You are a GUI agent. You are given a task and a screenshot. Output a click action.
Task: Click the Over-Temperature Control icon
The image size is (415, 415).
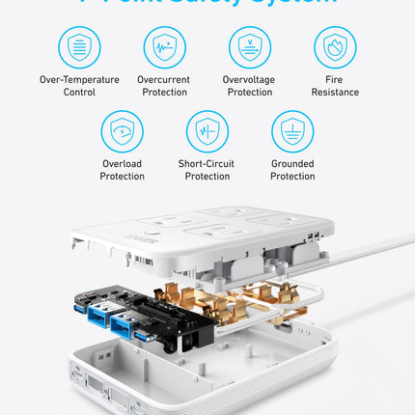pos(80,46)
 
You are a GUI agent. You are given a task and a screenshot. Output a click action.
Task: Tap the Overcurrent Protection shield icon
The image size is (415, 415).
pos(165,46)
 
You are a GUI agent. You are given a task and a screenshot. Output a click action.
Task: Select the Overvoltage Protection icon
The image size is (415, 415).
pos(250,46)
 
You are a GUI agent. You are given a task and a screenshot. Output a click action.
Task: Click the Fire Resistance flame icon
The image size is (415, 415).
pos(335,46)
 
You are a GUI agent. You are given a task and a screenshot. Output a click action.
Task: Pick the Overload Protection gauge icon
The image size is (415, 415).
pos(123,131)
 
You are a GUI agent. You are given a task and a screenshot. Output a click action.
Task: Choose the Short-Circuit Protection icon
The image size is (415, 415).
pos(207,131)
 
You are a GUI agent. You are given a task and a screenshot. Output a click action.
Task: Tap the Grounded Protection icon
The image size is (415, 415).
pos(292,131)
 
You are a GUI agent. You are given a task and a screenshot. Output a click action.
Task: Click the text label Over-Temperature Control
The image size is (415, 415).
pos(80,86)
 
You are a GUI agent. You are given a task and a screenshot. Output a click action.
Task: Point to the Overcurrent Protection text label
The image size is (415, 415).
pos(165,86)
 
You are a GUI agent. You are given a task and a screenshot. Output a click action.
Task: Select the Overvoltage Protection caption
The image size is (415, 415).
pos(250,86)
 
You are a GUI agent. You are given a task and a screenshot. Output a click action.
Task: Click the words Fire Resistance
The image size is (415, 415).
pos(335,86)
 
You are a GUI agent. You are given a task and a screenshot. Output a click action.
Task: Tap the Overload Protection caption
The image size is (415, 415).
pos(123,170)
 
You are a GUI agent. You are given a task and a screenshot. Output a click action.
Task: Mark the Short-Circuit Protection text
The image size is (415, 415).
pos(207,170)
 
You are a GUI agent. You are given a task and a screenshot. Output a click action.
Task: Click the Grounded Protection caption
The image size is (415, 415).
pos(292,170)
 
